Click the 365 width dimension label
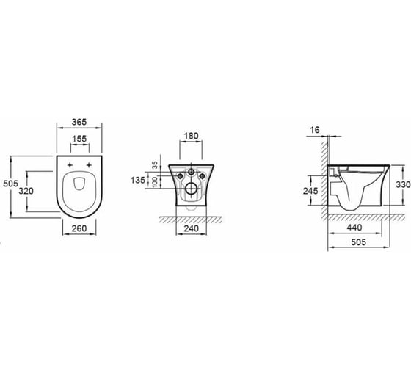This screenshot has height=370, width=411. pos(79,122)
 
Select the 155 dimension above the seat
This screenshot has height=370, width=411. pos(79,139)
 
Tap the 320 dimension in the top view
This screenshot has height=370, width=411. pos(26,191)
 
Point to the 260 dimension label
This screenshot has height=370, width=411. pos(79,228)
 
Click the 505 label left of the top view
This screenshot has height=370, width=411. pos(10,184)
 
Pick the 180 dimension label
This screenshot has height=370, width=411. pos(191,136)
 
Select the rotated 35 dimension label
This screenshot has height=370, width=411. pos(155,165)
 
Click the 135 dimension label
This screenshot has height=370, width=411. pos(138,180)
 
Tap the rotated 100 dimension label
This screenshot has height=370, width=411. pos(155,182)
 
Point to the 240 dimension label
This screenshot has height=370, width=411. pos(191,228)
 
